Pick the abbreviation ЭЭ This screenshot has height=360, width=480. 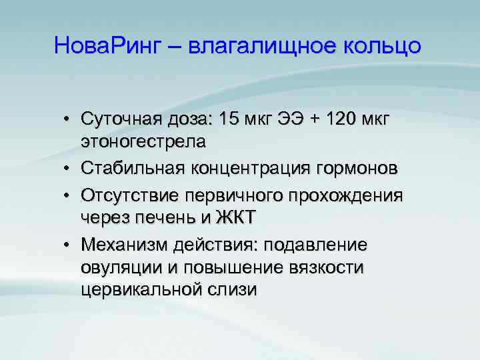pyautogui.click(x=303, y=119)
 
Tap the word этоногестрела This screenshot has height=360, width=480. pyautogui.click(x=143, y=141)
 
